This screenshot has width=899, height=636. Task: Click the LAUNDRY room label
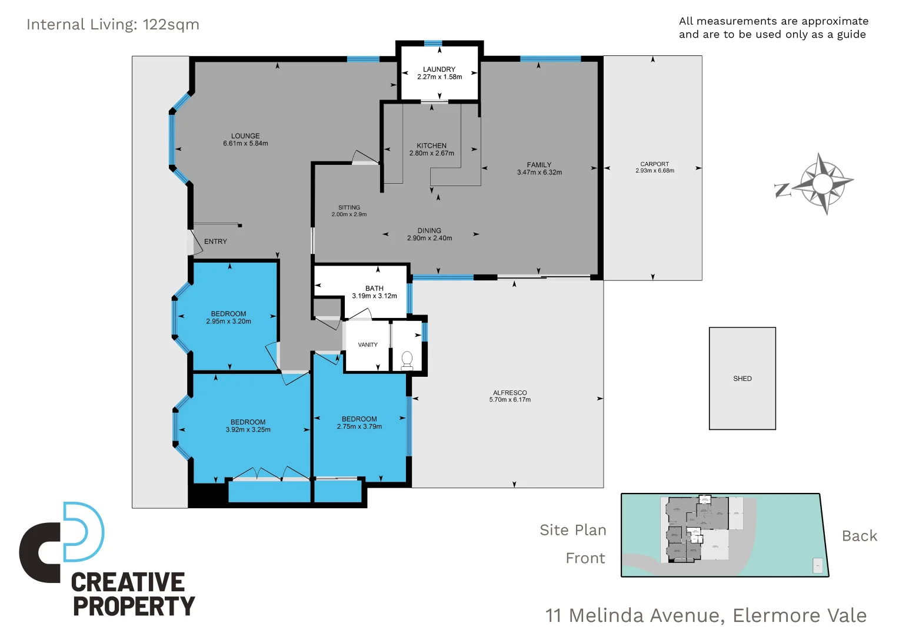(439, 69)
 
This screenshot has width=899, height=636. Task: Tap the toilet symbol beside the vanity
(407, 359)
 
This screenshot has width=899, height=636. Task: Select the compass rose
(823, 184)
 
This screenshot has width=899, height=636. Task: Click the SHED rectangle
(742, 378)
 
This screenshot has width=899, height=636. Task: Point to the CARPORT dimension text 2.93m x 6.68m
(654, 171)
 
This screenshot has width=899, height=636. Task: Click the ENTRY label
(215, 241)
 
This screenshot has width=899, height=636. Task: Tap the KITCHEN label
(431, 145)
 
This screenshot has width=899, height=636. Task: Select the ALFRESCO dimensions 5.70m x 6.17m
(510, 400)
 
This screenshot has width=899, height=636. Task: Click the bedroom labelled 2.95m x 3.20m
(228, 318)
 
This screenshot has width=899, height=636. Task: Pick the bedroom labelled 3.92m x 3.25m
(248, 426)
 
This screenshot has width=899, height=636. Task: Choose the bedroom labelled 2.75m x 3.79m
(359, 423)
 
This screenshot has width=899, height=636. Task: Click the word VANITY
(368, 345)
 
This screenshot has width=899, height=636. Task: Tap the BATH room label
(374, 289)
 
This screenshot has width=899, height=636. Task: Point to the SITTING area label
(349, 207)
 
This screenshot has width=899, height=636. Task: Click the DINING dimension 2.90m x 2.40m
(429, 238)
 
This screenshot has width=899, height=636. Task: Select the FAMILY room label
(539, 165)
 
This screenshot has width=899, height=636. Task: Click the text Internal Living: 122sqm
(113, 25)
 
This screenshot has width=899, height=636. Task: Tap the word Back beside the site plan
(859, 536)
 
